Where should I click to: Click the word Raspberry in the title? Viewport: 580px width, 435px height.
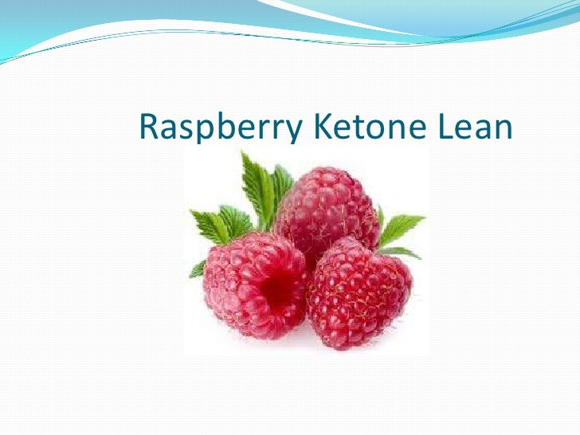(215, 127)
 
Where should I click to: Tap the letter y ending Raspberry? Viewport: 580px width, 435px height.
(288, 131)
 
